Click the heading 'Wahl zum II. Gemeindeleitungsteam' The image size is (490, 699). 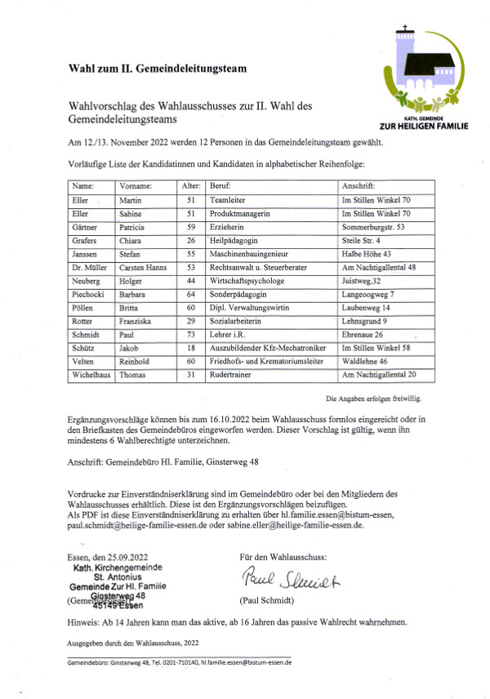point(158,68)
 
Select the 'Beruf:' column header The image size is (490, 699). point(219,185)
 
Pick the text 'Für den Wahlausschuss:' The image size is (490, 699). point(281,557)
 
